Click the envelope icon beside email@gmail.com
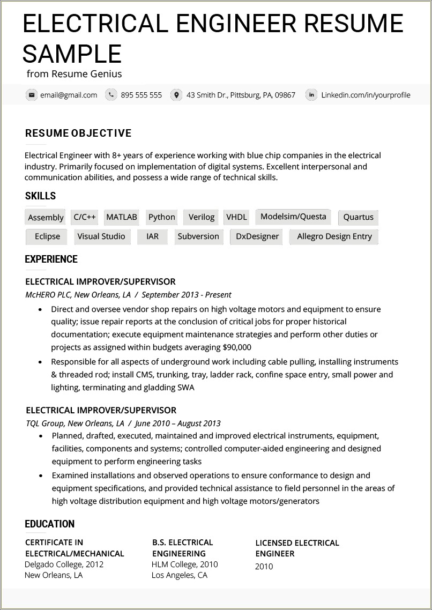(x=32, y=95)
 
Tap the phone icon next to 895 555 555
(x=111, y=95)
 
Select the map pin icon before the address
(x=176, y=95)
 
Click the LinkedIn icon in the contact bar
(x=311, y=95)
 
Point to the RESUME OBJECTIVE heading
(x=78, y=133)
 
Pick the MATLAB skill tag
(x=122, y=217)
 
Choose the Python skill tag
(x=161, y=217)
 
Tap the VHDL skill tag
(x=236, y=217)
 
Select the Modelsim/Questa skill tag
(x=293, y=217)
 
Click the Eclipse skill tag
(x=47, y=236)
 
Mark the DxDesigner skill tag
(x=257, y=236)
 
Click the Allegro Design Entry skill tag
(x=334, y=236)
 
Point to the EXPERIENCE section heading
(x=51, y=259)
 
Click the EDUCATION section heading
(x=50, y=524)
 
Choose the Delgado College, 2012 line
(x=64, y=564)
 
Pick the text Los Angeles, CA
(x=179, y=575)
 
